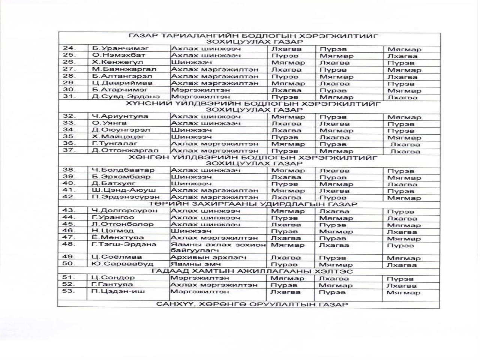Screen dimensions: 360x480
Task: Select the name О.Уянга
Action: pyautogui.click(x=109, y=123)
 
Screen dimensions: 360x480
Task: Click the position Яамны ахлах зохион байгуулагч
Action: pyautogui.click(x=218, y=247)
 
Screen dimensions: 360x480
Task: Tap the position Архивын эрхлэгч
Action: pyautogui.click(x=208, y=258)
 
